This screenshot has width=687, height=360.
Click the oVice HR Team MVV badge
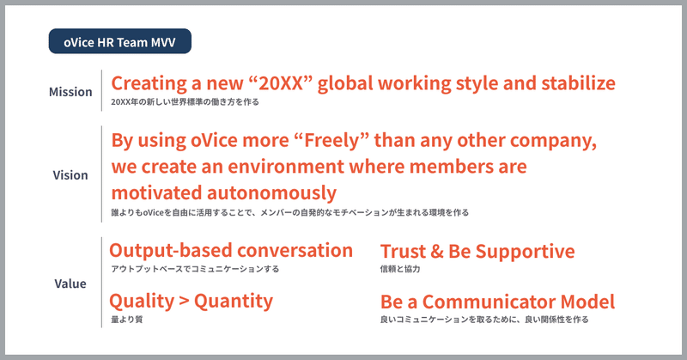119,41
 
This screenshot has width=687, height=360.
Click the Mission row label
70,92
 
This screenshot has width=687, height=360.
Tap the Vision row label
70,175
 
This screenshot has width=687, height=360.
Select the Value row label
70,284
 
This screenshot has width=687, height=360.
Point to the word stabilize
578,82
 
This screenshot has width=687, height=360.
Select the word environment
286,166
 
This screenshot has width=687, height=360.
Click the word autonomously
271,192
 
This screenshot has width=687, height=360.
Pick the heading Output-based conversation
231,250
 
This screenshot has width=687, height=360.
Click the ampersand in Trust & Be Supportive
436,251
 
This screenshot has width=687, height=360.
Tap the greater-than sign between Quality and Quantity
185,302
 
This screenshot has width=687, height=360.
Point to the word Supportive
525,252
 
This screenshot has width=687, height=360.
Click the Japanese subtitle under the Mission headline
185,101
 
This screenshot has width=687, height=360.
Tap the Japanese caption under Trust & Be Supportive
400,269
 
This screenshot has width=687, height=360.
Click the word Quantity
234,302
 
